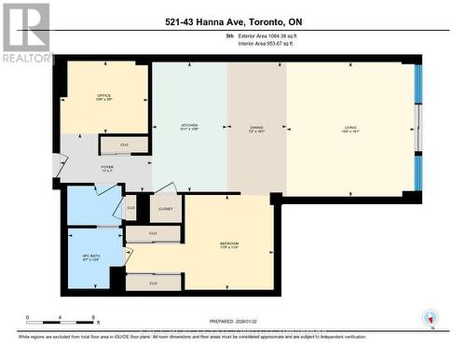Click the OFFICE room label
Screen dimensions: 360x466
[103, 96]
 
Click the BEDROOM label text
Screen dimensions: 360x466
[229, 244]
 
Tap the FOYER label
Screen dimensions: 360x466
[107, 169]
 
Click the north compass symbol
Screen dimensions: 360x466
[429, 318]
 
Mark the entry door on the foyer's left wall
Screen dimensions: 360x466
[60, 167]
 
